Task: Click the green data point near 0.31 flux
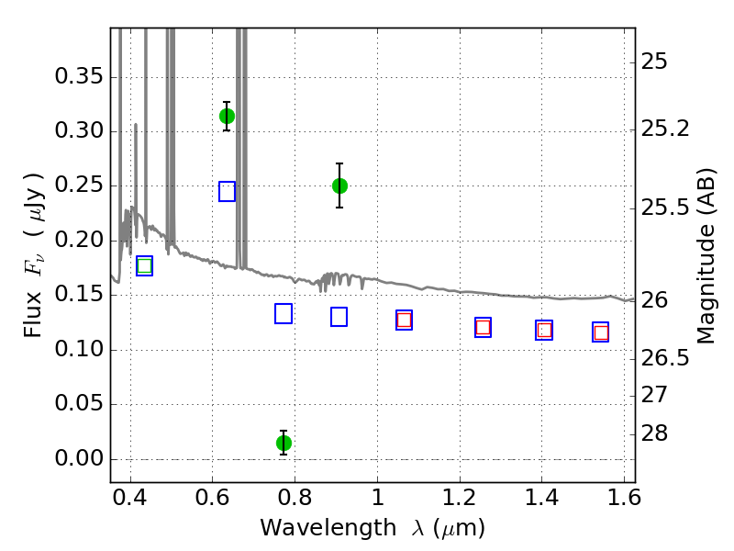[227, 117]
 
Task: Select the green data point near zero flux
[284, 443]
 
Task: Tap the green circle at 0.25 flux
[339, 186]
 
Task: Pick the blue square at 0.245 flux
[227, 192]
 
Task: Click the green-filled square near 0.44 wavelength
[145, 266]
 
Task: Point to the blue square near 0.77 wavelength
[284, 313]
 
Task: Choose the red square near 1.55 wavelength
[601, 332]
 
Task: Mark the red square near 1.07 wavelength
[404, 320]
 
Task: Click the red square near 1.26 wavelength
[484, 327]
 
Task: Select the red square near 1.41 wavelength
[544, 330]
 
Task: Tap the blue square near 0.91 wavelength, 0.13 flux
[339, 317]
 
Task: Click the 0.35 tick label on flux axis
[79, 76]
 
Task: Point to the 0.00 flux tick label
[79, 457]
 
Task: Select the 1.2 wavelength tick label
[460, 497]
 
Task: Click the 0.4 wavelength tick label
[130, 497]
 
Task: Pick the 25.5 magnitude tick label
[665, 208]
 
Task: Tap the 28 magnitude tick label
[654, 433]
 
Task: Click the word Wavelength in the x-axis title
[328, 528]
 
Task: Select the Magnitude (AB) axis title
[706, 256]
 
